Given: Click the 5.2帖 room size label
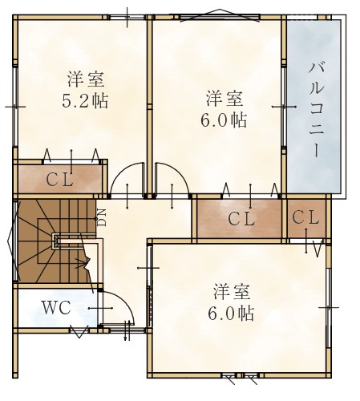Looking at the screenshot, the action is [x=85, y=101].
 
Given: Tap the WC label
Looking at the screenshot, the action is [x=57, y=308].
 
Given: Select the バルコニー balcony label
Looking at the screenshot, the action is [x=317, y=110].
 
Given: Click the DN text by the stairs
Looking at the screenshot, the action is [x=102, y=217].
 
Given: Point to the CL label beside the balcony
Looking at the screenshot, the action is [x=305, y=217].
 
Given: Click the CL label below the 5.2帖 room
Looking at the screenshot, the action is [x=59, y=180].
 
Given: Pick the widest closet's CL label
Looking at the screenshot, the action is [x=241, y=219].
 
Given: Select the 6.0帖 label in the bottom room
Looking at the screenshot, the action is [x=231, y=313].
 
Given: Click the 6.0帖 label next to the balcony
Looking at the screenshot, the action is [x=224, y=120].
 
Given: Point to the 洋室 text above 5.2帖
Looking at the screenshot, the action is [x=86, y=79].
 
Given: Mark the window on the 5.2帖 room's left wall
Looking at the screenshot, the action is [x=15, y=107].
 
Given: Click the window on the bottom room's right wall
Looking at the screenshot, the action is [x=329, y=307].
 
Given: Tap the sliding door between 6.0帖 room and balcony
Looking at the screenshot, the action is [x=284, y=107].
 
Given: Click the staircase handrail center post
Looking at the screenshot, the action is [x=55, y=241].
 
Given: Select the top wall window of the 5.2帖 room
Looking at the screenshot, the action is [x=127, y=18].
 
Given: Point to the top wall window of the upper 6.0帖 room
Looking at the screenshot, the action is [x=219, y=18].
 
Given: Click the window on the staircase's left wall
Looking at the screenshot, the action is [x=15, y=241].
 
